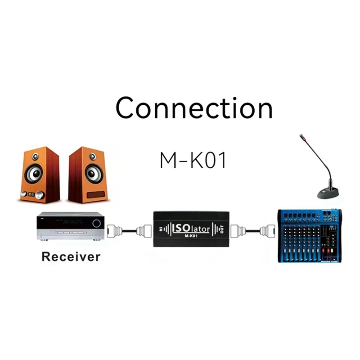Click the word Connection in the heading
pyautogui.click(x=194, y=108)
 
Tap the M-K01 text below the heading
pyautogui.click(x=193, y=160)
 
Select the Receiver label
pyautogui.click(x=71, y=257)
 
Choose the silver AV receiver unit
pyautogui.click(x=71, y=228)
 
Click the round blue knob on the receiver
pyautogui.click(x=96, y=223)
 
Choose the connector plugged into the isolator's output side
pyautogui.click(x=237, y=231)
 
